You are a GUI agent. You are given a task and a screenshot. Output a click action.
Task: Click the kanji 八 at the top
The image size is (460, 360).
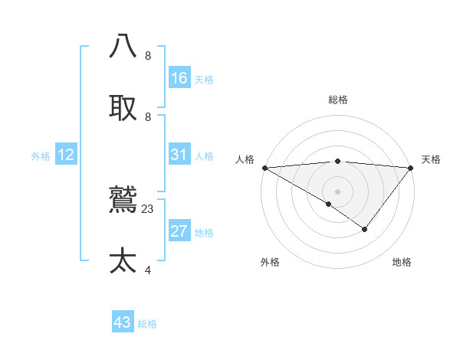point(123,46)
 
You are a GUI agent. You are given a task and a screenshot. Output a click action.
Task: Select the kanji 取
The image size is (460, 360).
point(123,108)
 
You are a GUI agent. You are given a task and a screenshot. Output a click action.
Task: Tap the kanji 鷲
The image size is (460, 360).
point(123,201)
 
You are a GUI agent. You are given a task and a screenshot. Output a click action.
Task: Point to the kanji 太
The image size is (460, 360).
point(123,261)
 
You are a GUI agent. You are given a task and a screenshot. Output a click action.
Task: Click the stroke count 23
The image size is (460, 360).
point(148,208)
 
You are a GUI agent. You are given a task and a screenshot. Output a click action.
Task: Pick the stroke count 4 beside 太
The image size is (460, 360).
point(148,270)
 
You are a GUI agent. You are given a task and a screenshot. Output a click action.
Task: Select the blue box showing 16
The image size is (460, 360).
point(179,78)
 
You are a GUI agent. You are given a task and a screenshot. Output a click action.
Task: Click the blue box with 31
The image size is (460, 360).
point(179,155)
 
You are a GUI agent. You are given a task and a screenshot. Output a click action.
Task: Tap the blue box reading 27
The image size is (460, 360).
point(179,231)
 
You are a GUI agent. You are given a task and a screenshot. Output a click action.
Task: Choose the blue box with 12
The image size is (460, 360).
point(66,155)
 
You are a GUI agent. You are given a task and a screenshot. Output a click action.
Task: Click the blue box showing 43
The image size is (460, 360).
point(123,322)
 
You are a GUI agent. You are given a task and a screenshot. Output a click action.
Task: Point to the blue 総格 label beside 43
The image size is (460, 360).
point(147,324)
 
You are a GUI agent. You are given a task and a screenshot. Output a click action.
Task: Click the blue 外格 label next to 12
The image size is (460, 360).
point(41,156)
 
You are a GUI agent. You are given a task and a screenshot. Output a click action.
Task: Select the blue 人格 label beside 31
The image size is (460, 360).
point(204,156)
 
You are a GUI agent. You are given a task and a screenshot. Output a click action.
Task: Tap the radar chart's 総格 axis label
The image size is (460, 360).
point(337,100)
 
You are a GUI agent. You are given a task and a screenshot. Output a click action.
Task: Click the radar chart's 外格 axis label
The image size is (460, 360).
point(270,262)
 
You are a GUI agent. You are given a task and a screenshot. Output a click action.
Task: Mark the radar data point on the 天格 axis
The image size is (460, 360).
point(411,168)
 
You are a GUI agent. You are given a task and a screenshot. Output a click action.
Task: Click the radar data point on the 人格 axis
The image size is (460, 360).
point(264,168)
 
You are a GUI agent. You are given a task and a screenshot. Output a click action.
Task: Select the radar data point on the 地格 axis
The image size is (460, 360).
point(365,229)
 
